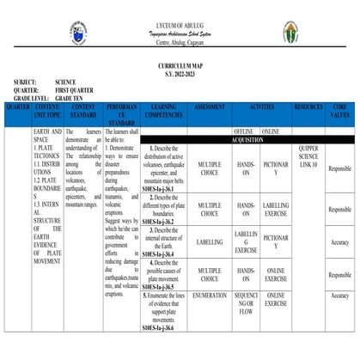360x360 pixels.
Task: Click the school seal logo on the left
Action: [x=79, y=34]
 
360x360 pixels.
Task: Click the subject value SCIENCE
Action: [x=70, y=82]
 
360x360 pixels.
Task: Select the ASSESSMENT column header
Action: [x=210, y=107]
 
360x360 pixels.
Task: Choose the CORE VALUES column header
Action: [x=340, y=112]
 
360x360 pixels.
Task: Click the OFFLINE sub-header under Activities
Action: [x=245, y=131]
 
